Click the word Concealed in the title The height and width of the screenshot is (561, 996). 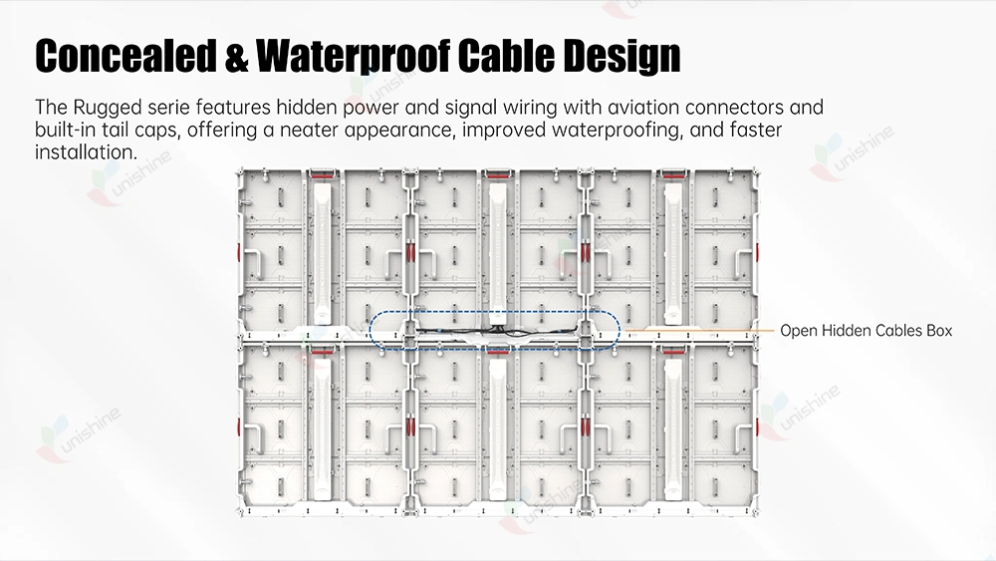click(x=125, y=55)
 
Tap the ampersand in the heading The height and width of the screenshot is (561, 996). click(x=236, y=56)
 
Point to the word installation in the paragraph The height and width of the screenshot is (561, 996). click(x=86, y=152)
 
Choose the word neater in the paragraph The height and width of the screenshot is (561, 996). click(x=310, y=131)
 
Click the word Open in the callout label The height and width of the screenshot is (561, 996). click(x=799, y=331)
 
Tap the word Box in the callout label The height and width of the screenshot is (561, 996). click(x=939, y=331)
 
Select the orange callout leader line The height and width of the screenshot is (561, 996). click(x=698, y=331)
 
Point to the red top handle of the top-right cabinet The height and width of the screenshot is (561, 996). click(x=672, y=172)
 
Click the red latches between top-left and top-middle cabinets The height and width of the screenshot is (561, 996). click(x=410, y=251)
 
